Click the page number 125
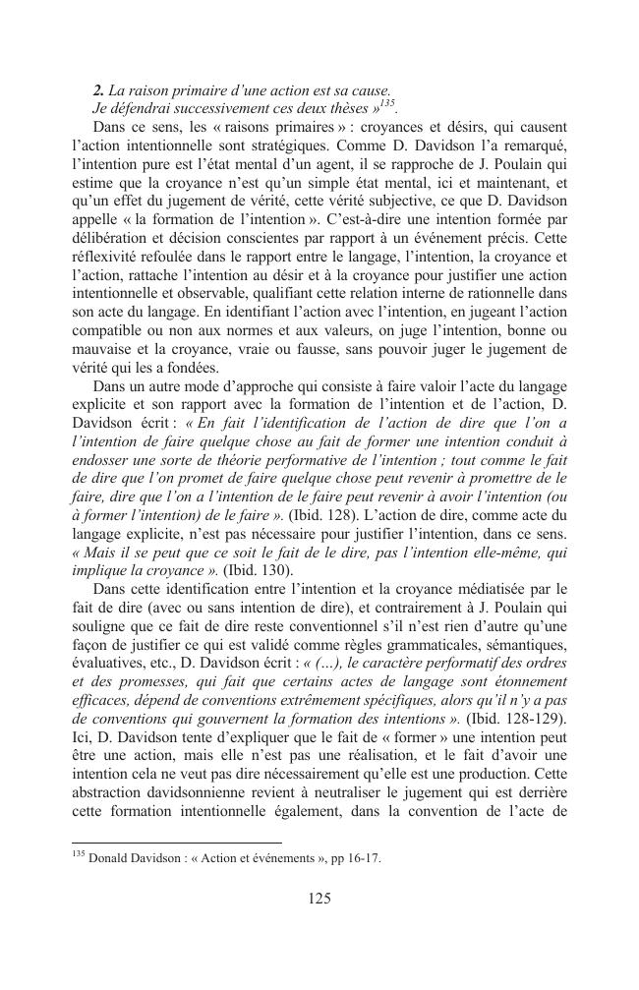[319, 897]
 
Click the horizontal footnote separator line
[177, 843]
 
